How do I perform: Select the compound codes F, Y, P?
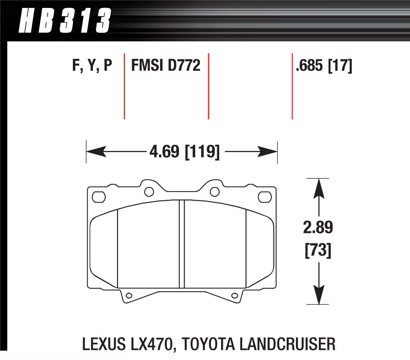pos(92,66)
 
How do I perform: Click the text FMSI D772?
pos(166,66)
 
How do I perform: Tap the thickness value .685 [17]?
pos(324,66)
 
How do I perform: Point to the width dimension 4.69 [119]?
pos(184,152)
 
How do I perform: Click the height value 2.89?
pos(318,228)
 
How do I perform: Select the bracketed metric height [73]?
pos(318,252)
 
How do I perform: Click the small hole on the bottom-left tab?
pos(129,295)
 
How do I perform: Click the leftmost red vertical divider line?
pos(124,86)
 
